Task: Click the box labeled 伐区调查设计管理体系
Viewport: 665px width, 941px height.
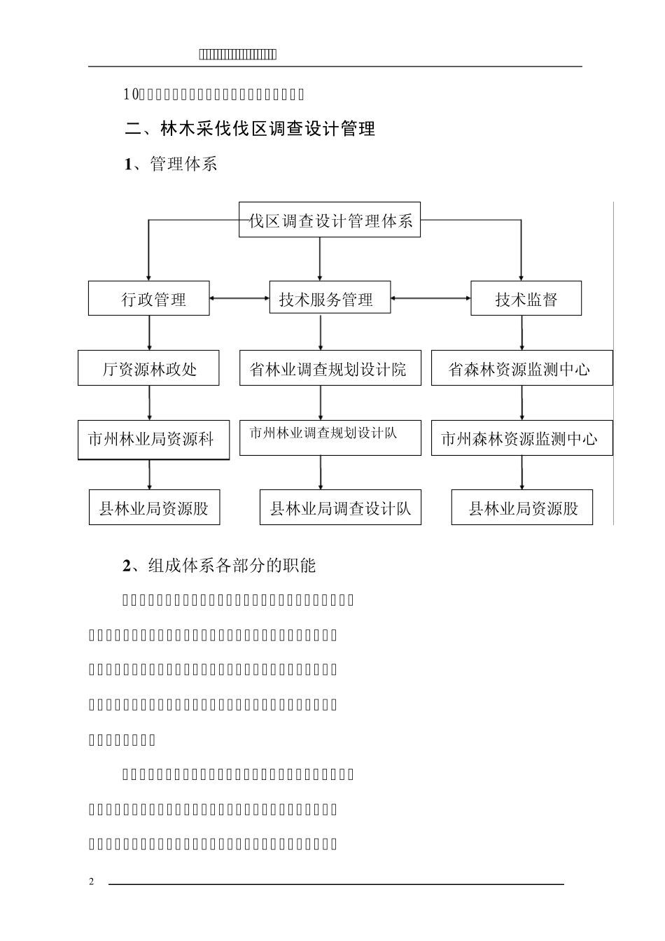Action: [330, 221]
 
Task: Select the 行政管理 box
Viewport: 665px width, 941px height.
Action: [148, 299]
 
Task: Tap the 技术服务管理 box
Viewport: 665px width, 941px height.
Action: [330, 299]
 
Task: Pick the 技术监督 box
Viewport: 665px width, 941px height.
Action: [526, 299]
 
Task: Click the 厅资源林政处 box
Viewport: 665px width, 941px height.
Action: [148, 368]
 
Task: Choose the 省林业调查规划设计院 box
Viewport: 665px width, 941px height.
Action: [330, 368]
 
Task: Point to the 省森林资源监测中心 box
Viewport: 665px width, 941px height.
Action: [521, 368]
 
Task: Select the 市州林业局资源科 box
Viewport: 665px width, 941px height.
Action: [153, 440]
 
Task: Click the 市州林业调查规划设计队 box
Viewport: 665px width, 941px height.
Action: [330, 437]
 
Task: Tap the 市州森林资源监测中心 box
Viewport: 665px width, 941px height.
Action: [521, 438]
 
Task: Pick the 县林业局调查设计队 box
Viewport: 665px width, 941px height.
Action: [340, 508]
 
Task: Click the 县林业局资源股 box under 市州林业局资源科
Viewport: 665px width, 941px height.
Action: [154, 508]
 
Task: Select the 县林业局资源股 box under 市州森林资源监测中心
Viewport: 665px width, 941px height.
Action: [521, 508]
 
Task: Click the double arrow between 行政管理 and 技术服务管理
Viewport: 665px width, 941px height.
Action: [239, 299]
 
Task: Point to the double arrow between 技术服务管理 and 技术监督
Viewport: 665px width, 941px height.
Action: [430, 299]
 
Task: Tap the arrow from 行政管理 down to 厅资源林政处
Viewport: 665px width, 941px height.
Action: [149, 333]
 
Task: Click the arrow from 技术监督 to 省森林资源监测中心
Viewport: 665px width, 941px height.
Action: [521, 333]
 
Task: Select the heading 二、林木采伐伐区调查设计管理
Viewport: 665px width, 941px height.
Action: [250, 129]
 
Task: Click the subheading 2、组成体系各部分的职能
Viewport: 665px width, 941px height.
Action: [219, 566]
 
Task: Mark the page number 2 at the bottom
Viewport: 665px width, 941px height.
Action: [91, 881]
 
